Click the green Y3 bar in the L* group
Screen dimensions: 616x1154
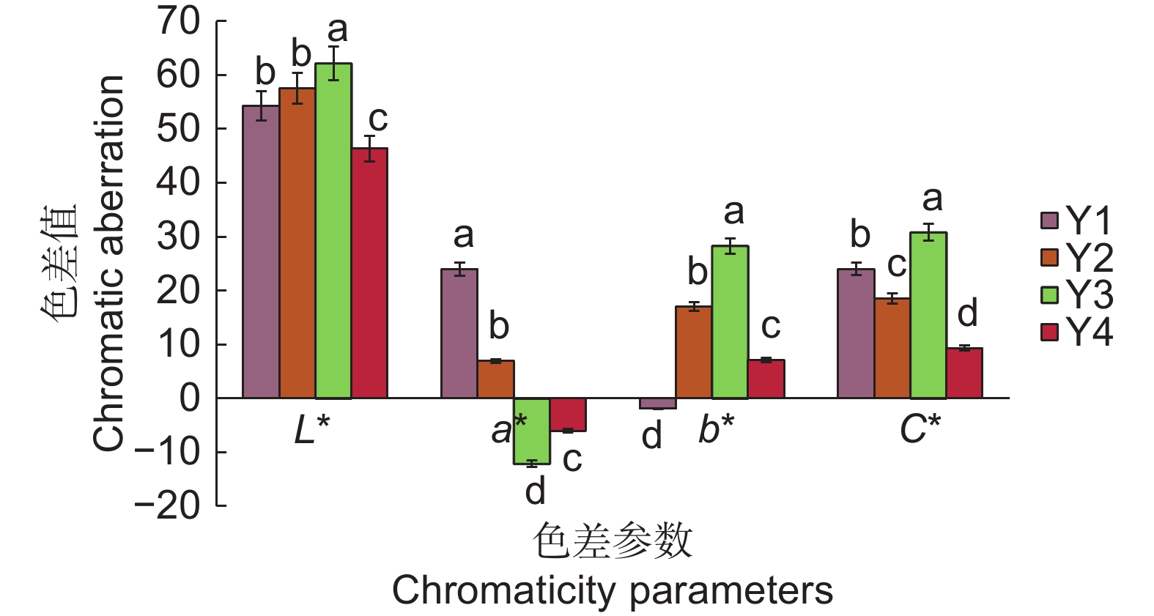(333, 231)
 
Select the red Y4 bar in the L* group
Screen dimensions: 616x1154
(369, 273)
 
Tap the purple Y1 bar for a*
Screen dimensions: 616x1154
(459, 333)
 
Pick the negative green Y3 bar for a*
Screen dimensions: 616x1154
(531, 431)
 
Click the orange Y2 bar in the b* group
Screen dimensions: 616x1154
(693, 352)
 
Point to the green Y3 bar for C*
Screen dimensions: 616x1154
(928, 315)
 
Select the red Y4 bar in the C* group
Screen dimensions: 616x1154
(964, 373)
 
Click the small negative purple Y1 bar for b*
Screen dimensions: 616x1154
(657, 404)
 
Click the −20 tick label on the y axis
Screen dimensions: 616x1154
(168, 506)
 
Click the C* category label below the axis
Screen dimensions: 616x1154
(920, 430)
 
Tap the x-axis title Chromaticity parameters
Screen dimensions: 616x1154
(613, 590)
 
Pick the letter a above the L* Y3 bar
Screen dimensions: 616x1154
(337, 30)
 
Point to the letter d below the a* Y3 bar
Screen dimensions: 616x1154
(536, 491)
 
